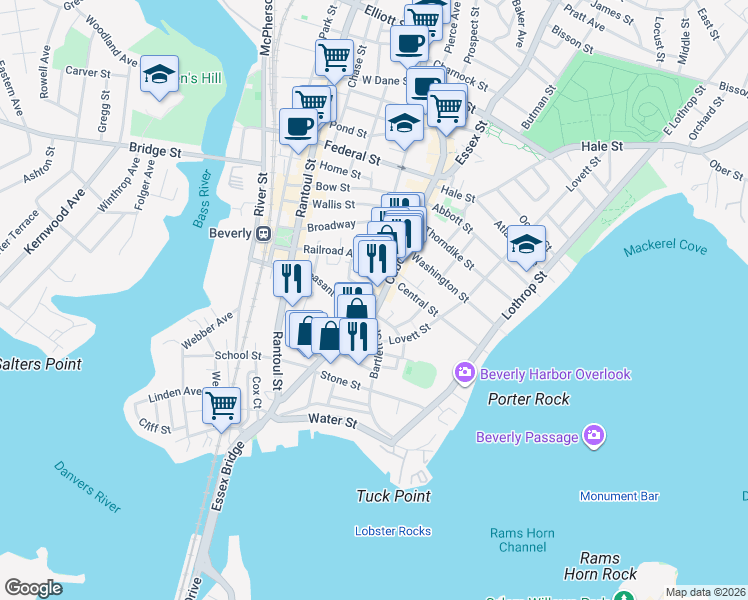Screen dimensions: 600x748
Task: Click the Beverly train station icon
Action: coord(263,234)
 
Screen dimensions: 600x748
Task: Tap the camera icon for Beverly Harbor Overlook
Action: coord(464,374)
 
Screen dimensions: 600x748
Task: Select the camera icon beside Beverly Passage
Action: coord(594,437)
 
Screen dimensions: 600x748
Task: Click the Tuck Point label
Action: coord(393,496)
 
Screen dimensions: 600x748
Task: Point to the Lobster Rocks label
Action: coord(393,531)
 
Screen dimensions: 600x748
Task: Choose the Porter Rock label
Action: coord(528,399)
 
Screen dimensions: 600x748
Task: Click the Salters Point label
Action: coord(40,364)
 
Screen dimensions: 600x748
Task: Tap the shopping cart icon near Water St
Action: coord(221,406)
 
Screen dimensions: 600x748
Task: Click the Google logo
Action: coord(33,587)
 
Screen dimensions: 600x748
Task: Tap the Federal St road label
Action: coord(352,157)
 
